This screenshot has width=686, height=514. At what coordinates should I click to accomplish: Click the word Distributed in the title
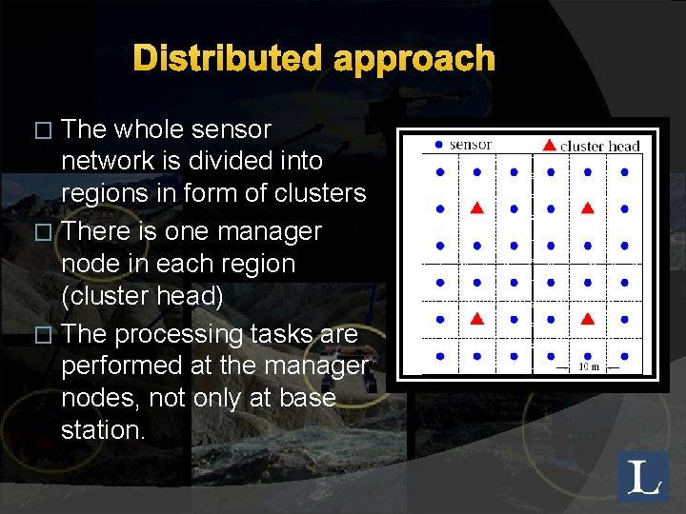click(x=229, y=59)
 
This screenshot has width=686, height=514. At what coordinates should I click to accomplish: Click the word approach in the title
click(x=414, y=60)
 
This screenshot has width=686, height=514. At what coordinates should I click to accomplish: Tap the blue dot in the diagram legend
click(x=437, y=145)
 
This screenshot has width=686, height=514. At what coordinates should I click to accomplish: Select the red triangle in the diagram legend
click(x=549, y=145)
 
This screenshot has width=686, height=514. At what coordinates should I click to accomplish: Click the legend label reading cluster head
click(x=599, y=146)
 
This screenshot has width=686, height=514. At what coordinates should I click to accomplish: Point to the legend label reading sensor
click(x=470, y=145)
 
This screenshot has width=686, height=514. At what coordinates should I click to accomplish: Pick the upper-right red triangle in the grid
click(x=588, y=208)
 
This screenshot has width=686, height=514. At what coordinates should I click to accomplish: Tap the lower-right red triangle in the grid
click(x=588, y=319)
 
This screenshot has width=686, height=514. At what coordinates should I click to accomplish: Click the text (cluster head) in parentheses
click(x=142, y=297)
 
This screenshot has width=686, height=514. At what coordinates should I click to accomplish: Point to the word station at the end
click(x=103, y=430)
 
